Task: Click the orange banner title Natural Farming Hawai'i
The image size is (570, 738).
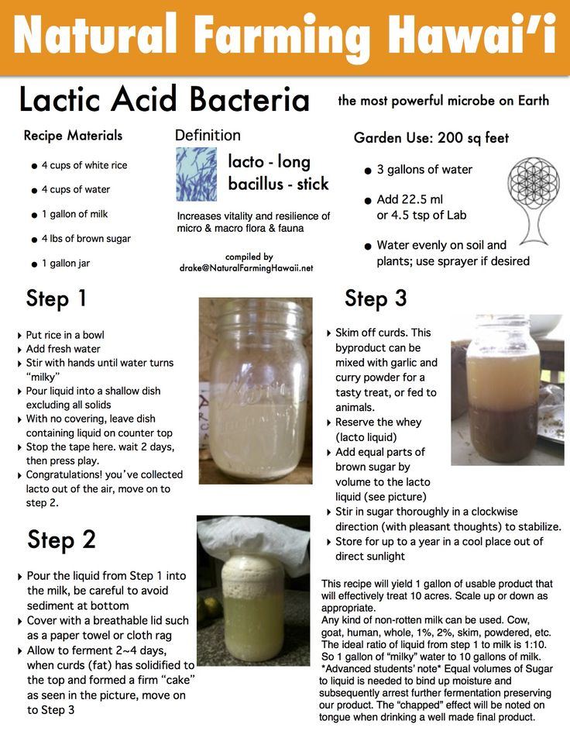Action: [x=285, y=36]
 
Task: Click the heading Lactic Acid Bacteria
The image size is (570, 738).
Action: [x=164, y=100]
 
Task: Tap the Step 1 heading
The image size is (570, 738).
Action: [x=56, y=298]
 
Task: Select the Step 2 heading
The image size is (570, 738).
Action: [x=62, y=540]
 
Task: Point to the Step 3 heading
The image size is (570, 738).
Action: [x=376, y=298]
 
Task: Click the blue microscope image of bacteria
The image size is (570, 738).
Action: [x=196, y=174]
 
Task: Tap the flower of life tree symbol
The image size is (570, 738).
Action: [x=533, y=201]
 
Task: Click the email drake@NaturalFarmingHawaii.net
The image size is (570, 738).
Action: [x=246, y=267]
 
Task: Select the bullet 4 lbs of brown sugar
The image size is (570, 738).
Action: [x=86, y=239]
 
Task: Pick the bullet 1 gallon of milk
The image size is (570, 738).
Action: [x=74, y=214]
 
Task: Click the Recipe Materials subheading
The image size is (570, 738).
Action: [x=73, y=136]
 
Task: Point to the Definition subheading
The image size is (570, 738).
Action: [x=208, y=136]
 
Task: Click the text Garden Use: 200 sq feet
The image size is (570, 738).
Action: [x=431, y=138]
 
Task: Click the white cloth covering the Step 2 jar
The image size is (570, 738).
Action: [x=253, y=542]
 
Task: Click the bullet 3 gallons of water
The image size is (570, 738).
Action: [x=424, y=170]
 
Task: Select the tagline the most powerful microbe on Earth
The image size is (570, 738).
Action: [x=444, y=101]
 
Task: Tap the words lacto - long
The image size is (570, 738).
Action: [x=269, y=162]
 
